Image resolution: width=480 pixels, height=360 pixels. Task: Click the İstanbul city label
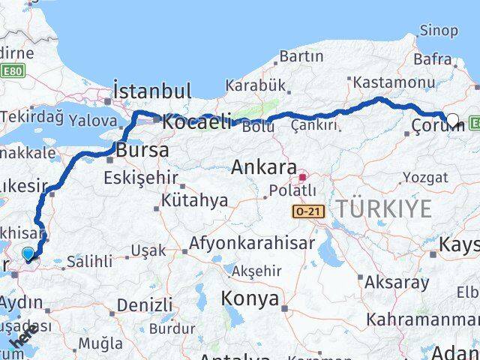pos(152,91)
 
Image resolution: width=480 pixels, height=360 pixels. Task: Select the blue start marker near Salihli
pos(28,255)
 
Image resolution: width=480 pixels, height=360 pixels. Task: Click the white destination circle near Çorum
pos(453,118)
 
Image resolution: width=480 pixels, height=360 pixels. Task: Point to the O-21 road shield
pos(308,213)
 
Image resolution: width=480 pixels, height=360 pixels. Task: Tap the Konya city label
pos(250,298)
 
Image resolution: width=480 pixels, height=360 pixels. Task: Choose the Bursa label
pos(142,150)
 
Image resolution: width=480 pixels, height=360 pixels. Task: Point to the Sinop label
pos(439,30)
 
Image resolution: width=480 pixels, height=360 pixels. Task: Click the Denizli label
pos(145,305)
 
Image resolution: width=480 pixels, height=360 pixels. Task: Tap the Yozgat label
pos(425,177)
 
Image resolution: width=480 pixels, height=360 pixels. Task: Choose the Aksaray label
pos(397,283)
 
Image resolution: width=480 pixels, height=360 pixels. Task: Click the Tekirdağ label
pos(31,116)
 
